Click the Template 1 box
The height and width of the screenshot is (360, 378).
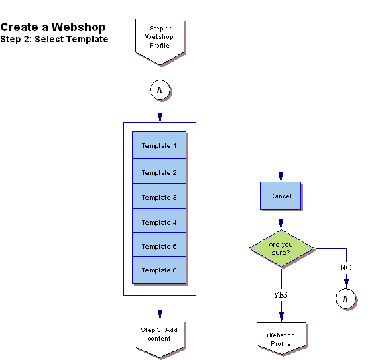(x=159, y=145)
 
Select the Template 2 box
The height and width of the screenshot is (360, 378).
(x=159, y=172)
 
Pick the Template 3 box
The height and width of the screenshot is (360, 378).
(x=159, y=197)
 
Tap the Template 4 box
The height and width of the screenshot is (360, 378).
(x=159, y=222)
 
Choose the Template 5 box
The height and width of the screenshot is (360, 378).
(x=159, y=246)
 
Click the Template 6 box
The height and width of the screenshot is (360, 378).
(x=159, y=270)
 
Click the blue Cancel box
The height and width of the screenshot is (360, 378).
(x=281, y=196)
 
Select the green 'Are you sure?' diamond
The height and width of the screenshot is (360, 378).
(x=281, y=249)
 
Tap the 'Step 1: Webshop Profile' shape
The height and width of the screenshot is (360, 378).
(x=159, y=38)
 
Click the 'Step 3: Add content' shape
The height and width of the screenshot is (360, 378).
(x=159, y=335)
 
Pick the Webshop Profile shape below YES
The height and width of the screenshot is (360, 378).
(x=281, y=339)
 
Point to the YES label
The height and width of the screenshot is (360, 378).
(x=281, y=294)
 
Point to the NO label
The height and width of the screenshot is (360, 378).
(x=346, y=267)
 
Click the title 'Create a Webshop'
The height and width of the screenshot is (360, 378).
(x=53, y=27)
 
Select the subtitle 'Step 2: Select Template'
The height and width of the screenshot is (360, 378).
(x=54, y=40)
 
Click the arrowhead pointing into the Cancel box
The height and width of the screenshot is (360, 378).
(x=281, y=178)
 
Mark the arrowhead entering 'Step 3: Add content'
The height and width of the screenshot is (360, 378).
(x=159, y=313)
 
